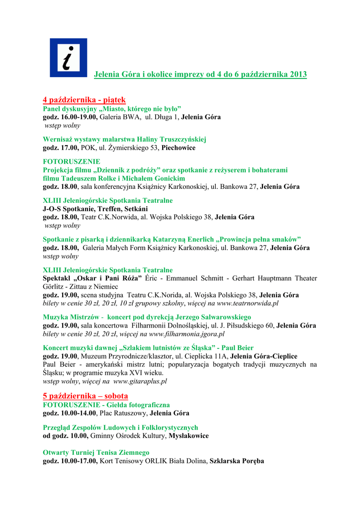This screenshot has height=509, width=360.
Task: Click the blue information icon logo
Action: point(68,58)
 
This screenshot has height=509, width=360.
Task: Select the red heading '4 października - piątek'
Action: point(84,99)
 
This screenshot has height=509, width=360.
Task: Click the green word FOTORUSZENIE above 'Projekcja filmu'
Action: point(72,162)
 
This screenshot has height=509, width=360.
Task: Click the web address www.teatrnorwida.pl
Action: point(248,303)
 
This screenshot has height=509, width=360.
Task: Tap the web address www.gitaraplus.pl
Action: point(140,381)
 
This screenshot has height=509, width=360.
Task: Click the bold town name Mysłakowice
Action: point(188,435)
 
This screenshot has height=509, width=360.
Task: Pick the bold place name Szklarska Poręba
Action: point(237,461)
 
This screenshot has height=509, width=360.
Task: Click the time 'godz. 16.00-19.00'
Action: point(70,117)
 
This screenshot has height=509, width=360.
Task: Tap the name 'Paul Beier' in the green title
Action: point(237,348)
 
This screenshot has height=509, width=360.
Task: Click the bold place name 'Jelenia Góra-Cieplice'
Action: point(264,356)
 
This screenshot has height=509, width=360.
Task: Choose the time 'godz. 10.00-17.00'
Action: point(70,461)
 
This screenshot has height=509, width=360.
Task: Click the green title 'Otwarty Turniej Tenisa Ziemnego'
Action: point(96,452)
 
